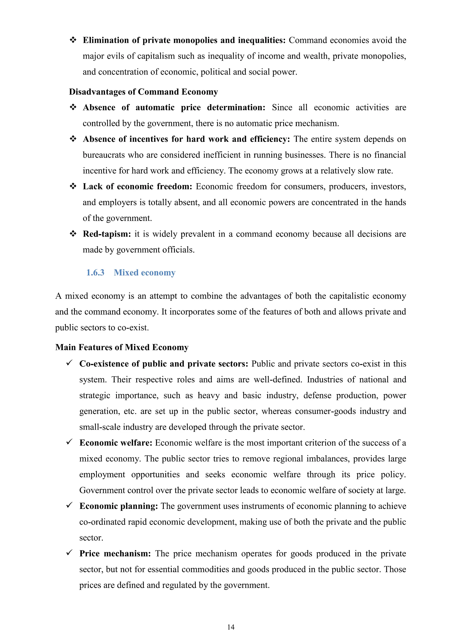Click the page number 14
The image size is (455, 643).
(x=231, y=627)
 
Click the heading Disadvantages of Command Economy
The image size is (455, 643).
(x=144, y=92)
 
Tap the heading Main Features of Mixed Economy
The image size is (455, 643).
(x=122, y=347)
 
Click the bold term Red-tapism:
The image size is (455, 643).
(x=107, y=234)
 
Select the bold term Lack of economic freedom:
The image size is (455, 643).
(x=137, y=187)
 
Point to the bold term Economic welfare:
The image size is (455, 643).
(x=116, y=443)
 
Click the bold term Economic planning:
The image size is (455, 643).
(x=118, y=506)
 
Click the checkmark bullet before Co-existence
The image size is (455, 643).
(x=70, y=363)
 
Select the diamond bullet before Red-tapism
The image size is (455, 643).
(x=73, y=234)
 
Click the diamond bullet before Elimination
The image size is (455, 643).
(x=73, y=40)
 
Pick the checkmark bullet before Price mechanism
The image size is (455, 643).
(x=70, y=553)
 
